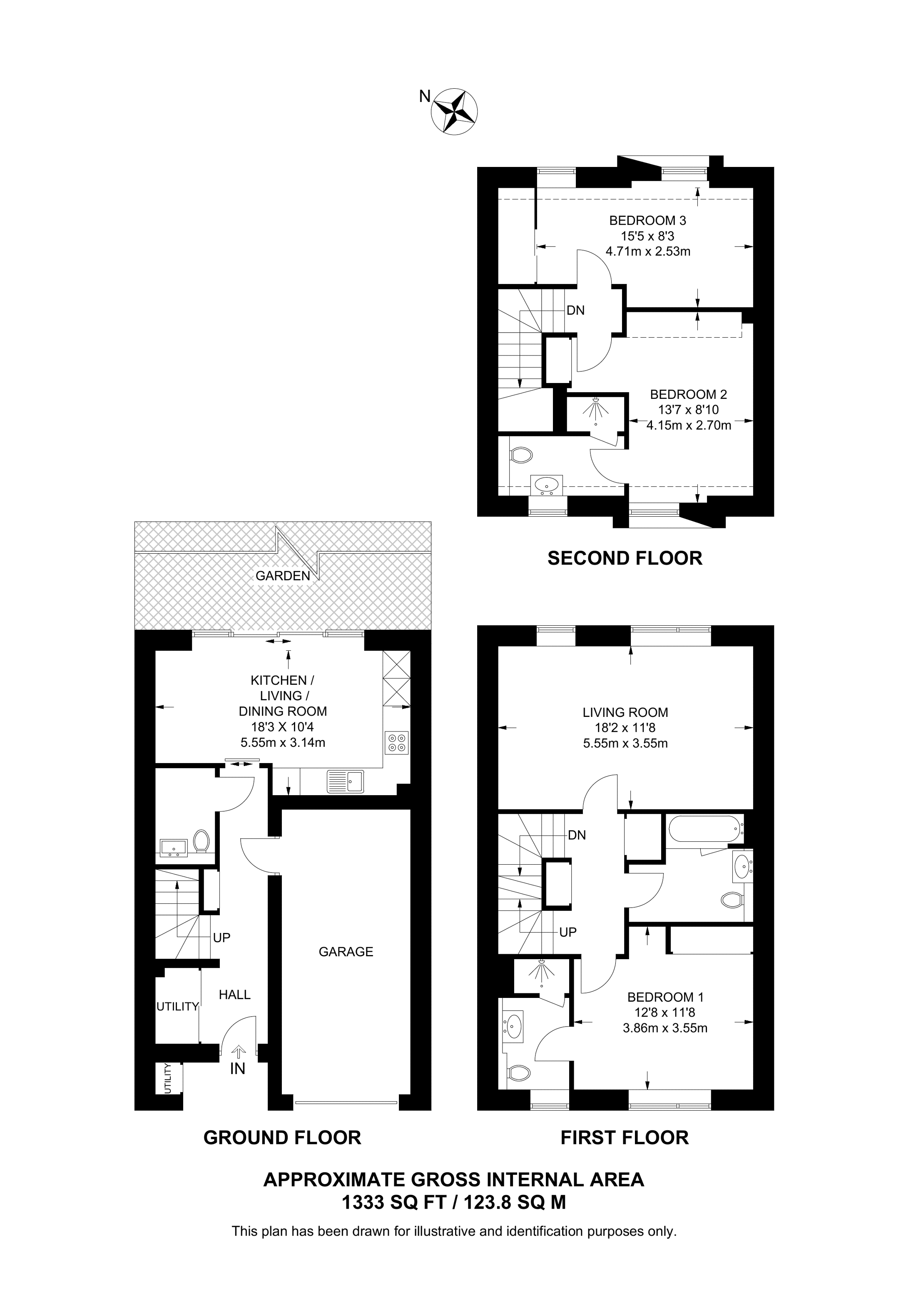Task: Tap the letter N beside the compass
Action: click(x=424, y=97)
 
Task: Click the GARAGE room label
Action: click(x=346, y=952)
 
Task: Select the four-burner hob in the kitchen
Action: click(x=396, y=742)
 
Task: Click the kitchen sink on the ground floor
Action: click(x=346, y=781)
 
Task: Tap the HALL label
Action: click(x=234, y=995)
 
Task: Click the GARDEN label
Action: click(x=283, y=576)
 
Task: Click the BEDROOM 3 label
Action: click(x=647, y=220)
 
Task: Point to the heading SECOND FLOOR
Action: click(x=625, y=558)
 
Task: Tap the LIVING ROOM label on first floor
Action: click(x=625, y=712)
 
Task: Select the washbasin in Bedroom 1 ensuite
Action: click(x=514, y=1026)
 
